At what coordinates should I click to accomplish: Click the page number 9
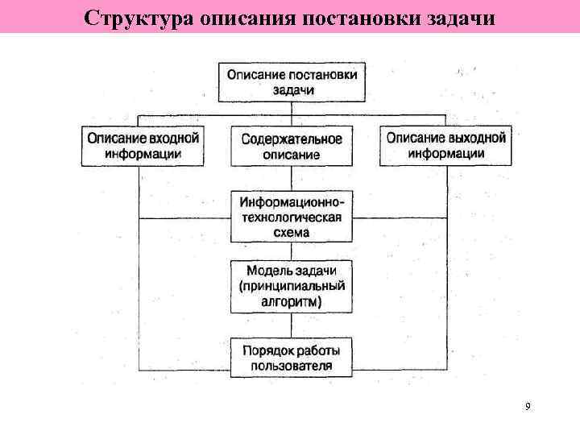coord(527,407)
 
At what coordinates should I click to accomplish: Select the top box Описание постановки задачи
coord(292,81)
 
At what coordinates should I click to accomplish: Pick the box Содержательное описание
coord(292,146)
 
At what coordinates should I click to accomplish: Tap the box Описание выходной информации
coord(445,146)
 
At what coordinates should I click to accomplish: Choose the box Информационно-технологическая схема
coord(292,217)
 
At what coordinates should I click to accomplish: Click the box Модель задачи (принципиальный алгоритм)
coord(292,286)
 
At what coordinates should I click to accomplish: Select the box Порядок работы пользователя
coord(292,358)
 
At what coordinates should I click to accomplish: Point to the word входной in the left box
coord(175,139)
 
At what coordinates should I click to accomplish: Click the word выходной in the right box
coord(477,139)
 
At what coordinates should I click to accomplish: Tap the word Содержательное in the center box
coord(292,139)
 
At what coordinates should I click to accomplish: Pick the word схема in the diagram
coord(292,232)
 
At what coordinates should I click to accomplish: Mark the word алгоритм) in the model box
coord(292,302)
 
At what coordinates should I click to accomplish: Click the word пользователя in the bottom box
coord(292,367)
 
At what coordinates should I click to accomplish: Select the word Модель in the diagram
coord(265,271)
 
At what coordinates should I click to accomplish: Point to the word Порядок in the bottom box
coord(267,350)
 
